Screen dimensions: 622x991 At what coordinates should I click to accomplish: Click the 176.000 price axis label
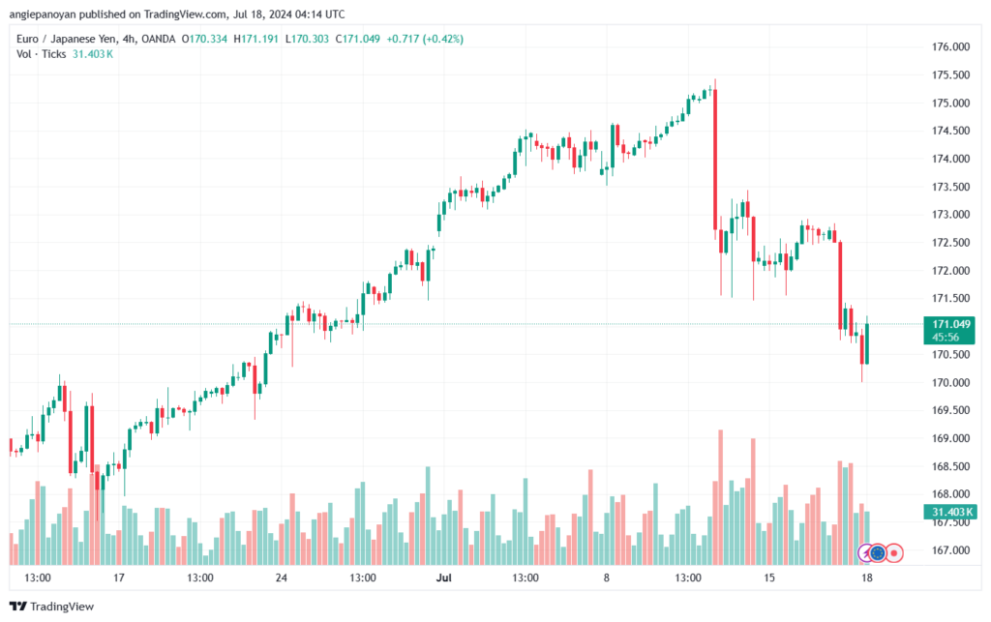[x=950, y=46]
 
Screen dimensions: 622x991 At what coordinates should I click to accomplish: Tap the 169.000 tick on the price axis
[x=950, y=438]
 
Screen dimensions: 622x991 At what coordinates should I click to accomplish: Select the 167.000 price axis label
[x=950, y=550]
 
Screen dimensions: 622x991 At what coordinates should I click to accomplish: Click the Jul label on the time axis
[x=444, y=578]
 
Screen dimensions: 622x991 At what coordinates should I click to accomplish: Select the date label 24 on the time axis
[x=282, y=578]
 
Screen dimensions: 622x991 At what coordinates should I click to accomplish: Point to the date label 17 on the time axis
[x=119, y=578]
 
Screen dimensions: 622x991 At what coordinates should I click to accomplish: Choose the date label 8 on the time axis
[x=607, y=578]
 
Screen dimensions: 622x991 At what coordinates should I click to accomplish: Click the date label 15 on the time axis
[x=769, y=578]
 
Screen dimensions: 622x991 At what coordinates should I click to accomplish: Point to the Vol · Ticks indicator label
[x=42, y=54]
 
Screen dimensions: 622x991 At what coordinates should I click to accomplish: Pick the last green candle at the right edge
[x=867, y=343]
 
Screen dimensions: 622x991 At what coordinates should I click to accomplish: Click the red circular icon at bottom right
[x=895, y=553]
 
